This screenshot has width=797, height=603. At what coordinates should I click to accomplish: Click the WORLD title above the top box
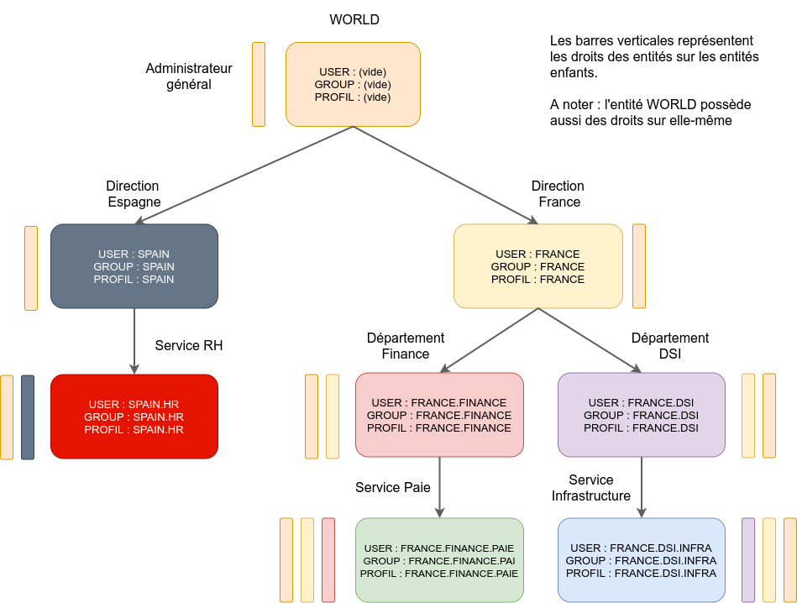(x=353, y=19)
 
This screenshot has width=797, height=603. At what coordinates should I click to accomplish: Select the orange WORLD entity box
(x=353, y=84)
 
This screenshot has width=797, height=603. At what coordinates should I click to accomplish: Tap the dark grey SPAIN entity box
(x=134, y=266)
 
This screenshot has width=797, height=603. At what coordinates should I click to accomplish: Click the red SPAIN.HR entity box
(x=134, y=417)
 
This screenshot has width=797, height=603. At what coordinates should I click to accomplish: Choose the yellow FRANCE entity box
(x=537, y=266)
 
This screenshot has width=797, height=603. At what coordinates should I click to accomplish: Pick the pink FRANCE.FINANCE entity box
(x=439, y=415)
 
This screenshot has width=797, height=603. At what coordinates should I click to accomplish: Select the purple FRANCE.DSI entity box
(x=642, y=415)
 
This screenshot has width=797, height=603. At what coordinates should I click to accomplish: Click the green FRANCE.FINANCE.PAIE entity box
(x=439, y=560)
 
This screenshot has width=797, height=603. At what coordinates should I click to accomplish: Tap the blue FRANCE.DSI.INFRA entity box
(x=642, y=560)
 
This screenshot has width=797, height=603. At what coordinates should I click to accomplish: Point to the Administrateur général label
(x=189, y=76)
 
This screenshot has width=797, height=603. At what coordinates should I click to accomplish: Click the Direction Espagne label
(x=134, y=194)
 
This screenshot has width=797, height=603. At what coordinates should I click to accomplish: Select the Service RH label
(x=189, y=345)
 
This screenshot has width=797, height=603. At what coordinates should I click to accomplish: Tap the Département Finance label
(x=406, y=346)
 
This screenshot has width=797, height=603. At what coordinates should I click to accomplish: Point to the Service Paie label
(x=393, y=487)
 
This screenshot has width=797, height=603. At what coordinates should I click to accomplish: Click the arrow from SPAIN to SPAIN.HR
(x=134, y=340)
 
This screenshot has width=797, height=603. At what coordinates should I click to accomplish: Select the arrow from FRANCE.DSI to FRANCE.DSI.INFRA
(x=642, y=487)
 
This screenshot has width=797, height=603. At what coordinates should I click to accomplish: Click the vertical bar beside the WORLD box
(x=259, y=84)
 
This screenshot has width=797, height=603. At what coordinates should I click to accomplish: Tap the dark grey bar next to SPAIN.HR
(x=28, y=417)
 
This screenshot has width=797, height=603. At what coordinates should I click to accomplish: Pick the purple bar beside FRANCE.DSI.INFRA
(x=748, y=560)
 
